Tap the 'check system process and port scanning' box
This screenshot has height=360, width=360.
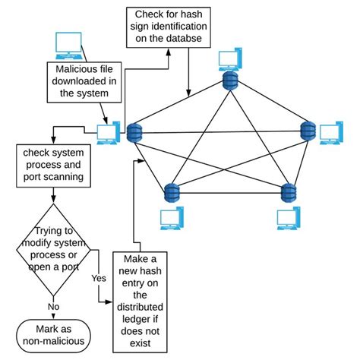52,166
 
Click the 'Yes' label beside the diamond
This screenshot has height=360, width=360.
97,278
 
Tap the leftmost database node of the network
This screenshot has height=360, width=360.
135,133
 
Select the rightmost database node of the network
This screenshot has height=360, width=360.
307,131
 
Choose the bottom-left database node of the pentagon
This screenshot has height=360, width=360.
171,192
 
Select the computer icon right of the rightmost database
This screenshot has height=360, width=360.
331,134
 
